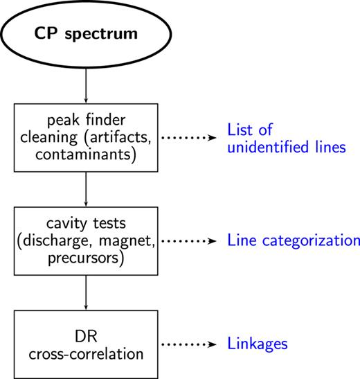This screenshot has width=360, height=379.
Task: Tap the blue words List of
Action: [249, 130]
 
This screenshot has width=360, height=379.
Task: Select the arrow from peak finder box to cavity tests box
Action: [84, 189]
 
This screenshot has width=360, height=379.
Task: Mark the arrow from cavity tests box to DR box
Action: [84, 292]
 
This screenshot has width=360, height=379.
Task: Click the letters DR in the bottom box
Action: [84, 335]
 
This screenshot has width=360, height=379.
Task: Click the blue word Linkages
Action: [258, 343]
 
